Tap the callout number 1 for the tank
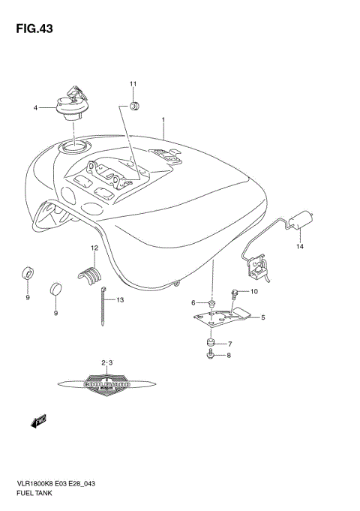coord(163,120)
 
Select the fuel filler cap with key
coord(70,104)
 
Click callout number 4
coord(34,108)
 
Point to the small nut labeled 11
coord(133,107)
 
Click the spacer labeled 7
coord(211,344)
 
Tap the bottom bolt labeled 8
coord(210,356)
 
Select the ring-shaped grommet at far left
coord(27,272)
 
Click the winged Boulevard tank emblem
coord(106,383)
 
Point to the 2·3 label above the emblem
coord(106,364)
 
